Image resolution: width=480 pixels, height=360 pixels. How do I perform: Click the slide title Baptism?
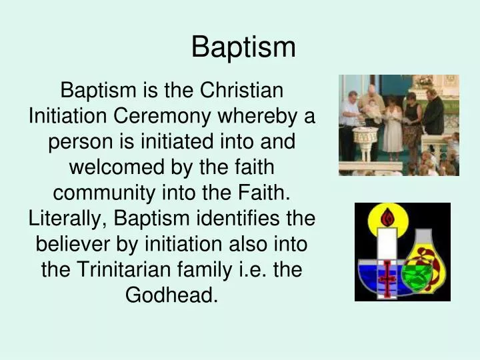[243, 47]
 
